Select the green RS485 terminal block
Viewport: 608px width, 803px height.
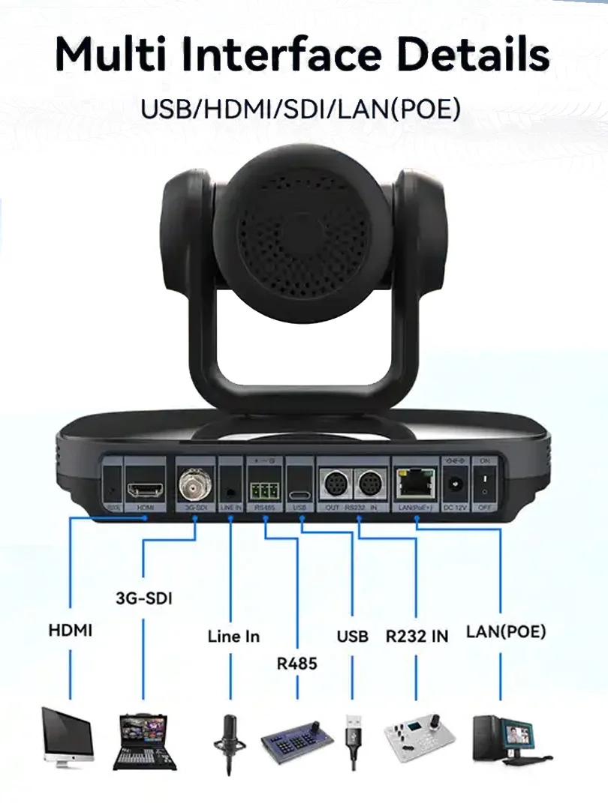tap(263, 491)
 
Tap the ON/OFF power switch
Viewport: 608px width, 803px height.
tap(484, 481)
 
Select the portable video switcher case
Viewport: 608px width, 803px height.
tap(144, 742)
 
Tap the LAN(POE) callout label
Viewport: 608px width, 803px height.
tap(506, 631)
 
